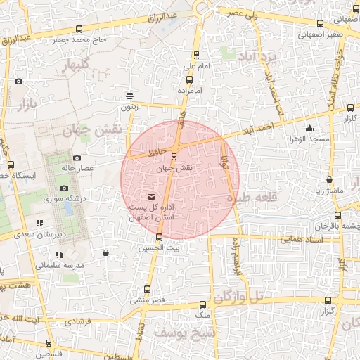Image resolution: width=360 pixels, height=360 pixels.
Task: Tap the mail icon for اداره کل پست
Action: [153, 195]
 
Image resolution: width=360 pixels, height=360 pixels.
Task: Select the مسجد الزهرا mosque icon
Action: [309, 128]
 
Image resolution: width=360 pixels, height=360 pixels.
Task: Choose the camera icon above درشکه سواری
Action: [64, 188]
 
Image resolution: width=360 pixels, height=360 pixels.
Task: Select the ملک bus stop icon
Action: [203, 304]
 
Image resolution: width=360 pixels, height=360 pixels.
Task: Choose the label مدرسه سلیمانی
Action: [60, 266]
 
